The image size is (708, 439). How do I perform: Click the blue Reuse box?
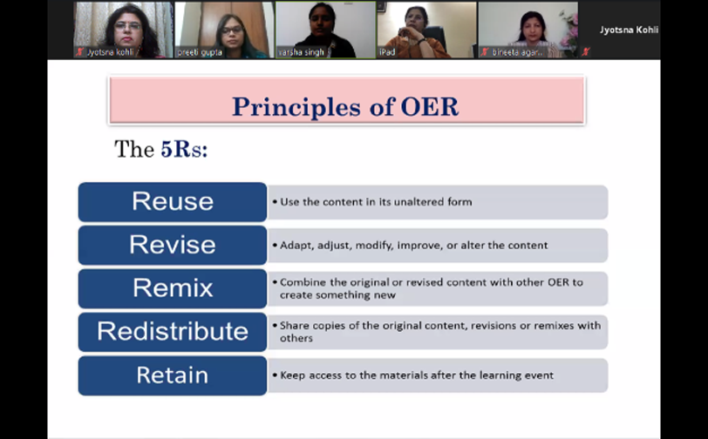[x=173, y=202]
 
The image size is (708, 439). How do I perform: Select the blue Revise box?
[x=173, y=245]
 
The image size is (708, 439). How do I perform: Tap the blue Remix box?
[x=173, y=288]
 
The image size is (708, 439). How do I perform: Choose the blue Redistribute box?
[x=173, y=332]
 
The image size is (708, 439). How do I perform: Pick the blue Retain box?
[x=173, y=375]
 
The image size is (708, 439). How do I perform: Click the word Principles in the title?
[x=296, y=107]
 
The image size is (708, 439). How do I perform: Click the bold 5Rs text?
[x=184, y=149]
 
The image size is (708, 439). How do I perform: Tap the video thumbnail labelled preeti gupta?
[x=224, y=30]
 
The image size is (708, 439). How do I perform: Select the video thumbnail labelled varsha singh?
[x=325, y=30]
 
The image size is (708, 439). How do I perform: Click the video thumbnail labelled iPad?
[x=426, y=30]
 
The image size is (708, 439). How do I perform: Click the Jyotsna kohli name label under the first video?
[x=110, y=52]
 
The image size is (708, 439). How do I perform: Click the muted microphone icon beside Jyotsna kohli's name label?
[x=80, y=52]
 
